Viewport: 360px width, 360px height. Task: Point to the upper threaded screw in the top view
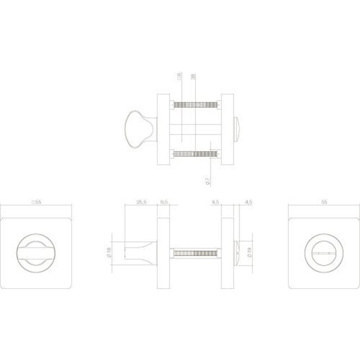196,105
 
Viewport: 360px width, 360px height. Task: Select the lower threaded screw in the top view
196,153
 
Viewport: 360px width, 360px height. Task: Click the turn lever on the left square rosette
36,253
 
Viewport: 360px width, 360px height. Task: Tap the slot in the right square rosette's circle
323,253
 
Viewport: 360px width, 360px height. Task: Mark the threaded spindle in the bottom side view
196,253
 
